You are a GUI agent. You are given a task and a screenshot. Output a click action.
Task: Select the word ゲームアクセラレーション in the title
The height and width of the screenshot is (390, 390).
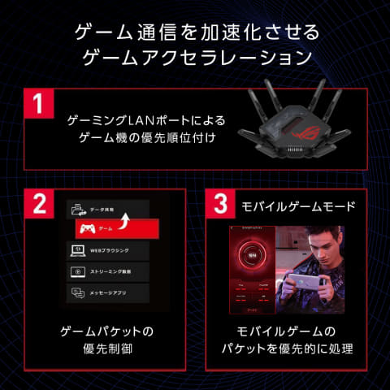pos(195,58)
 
